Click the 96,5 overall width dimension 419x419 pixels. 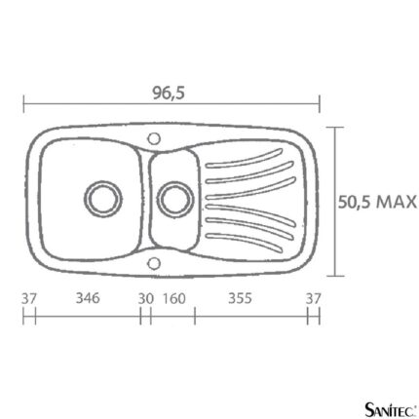click(169, 94)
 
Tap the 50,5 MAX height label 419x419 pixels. click(377, 202)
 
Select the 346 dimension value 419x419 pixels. click(88, 298)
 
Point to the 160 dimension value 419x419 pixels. click(174, 298)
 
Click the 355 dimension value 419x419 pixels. click(240, 298)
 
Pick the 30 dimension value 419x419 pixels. click(145, 298)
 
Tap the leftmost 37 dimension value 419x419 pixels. click(29, 298)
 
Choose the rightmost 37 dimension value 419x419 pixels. click(313, 298)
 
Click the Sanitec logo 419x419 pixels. click(390, 409)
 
